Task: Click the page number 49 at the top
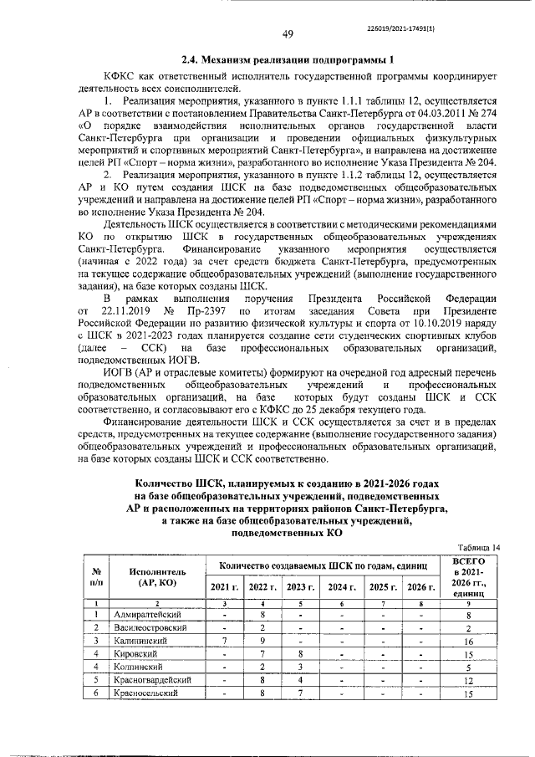[x=288, y=34]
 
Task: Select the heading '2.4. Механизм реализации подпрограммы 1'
[x=287, y=59]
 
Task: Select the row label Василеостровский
[x=151, y=627]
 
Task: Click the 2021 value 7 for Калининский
[x=224, y=641]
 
